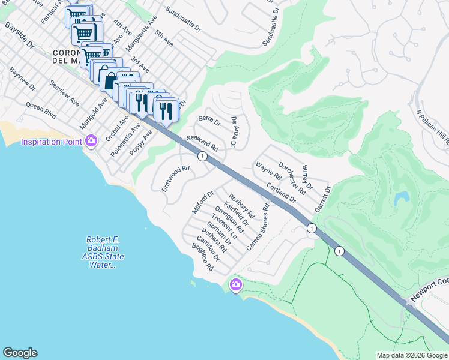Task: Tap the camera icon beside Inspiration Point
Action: click(91, 142)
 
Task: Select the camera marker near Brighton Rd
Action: click(235, 284)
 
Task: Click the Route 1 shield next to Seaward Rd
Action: click(203, 156)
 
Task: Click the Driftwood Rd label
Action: click(176, 178)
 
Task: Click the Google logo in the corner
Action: click(20, 353)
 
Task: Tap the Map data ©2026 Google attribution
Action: click(412, 355)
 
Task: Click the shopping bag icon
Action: click(110, 80)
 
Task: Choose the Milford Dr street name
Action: click(203, 202)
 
